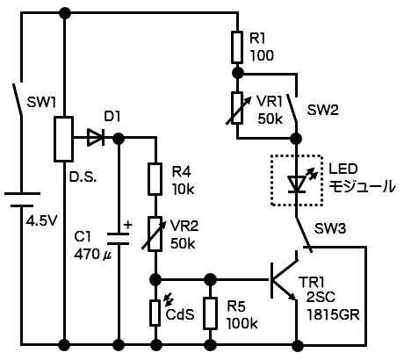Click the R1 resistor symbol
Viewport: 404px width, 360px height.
[x=237, y=47]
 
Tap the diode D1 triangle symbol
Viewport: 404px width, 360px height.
[x=96, y=138]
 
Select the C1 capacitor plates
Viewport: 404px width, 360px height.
[x=119, y=239]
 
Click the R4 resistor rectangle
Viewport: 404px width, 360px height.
[x=155, y=179]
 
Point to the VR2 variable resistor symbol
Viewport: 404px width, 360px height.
[x=155, y=234]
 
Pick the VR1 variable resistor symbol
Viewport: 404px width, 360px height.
[x=237, y=108]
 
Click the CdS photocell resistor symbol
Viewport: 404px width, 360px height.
[x=155, y=313]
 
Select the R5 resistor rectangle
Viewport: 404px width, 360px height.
[x=210, y=313]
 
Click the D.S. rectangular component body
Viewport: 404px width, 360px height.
[x=63, y=139]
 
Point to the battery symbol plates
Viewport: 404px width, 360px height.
[x=22, y=199]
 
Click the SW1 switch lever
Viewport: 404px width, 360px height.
[x=18, y=100]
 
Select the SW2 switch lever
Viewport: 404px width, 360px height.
[x=292, y=108]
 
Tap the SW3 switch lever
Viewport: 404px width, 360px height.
[x=304, y=234]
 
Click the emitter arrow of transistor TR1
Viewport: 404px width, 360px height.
[x=292, y=297]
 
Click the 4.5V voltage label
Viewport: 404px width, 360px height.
[x=42, y=221]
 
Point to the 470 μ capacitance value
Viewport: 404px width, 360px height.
[x=91, y=254]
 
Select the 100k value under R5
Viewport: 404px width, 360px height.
[x=242, y=323]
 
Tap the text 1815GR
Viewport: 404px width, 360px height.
[x=333, y=315]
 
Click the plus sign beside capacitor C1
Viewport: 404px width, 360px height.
[x=127, y=225]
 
